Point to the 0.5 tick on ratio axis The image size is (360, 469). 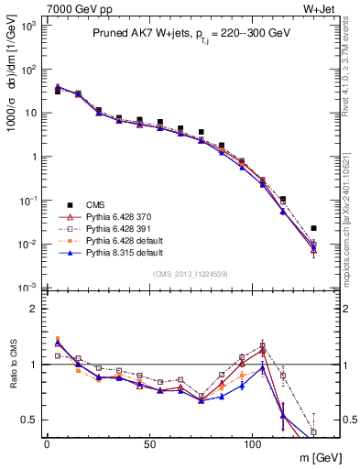tap(30, 420)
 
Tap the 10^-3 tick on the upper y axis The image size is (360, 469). tap(28, 288)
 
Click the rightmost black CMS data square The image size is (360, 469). tap(313, 228)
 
